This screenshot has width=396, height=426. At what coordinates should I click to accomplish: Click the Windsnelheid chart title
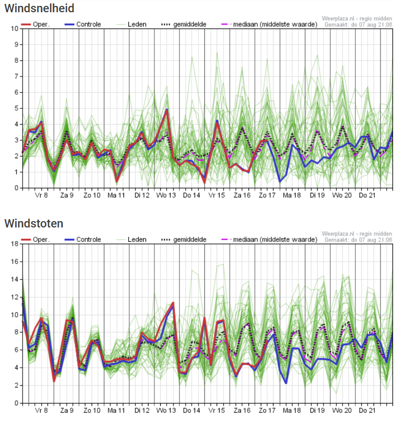tap(39, 8)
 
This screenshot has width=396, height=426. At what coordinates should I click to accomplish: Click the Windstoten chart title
tap(34, 224)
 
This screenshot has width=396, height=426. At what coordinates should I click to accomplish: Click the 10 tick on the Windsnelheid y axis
tap(15, 28)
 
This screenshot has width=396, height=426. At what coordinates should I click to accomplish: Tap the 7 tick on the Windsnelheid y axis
tap(16, 76)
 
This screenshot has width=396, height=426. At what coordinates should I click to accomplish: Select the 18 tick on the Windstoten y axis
tap(15, 244)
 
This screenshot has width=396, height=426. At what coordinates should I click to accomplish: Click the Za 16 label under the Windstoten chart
tap(242, 410)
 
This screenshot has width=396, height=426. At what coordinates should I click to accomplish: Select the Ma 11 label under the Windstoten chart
tap(117, 410)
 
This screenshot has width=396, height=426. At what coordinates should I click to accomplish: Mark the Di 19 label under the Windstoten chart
tap(317, 410)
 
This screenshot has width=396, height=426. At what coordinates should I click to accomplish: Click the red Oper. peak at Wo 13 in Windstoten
tap(173, 303)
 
